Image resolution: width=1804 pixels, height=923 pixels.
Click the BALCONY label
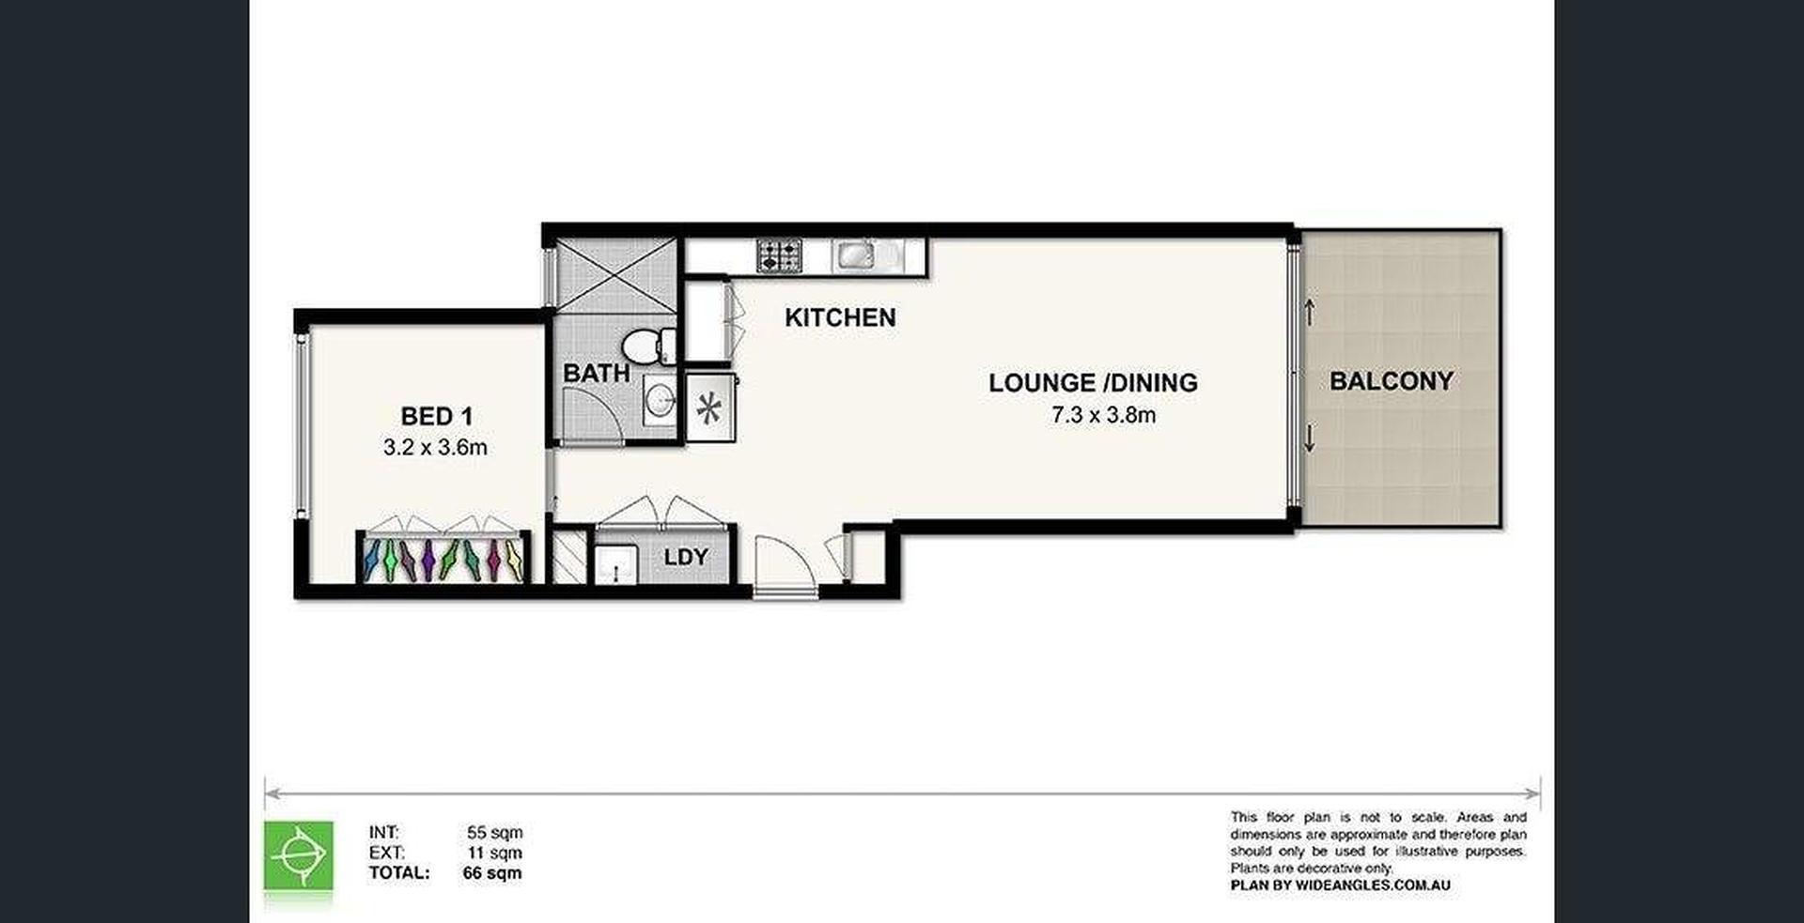click(1392, 381)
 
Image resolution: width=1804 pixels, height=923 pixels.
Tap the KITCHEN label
click(840, 317)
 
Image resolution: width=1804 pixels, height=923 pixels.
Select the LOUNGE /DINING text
click(1093, 383)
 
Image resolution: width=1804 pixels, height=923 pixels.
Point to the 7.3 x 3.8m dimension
click(1104, 415)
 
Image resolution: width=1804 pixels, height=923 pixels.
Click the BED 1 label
click(436, 416)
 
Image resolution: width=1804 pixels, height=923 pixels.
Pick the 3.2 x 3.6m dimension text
click(435, 448)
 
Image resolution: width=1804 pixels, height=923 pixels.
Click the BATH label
click(597, 373)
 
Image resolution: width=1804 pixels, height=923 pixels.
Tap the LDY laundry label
click(685, 558)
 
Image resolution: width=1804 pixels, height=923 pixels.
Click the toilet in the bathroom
click(648, 345)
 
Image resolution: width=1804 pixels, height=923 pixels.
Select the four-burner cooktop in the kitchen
click(780, 255)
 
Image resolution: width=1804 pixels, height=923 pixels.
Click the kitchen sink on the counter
click(858, 254)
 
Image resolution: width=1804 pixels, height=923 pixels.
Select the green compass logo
click(299, 855)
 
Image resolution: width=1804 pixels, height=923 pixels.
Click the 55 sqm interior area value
click(495, 833)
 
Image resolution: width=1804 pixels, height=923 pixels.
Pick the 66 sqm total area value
click(492, 873)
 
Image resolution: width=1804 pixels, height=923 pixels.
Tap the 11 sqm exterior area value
click(495, 854)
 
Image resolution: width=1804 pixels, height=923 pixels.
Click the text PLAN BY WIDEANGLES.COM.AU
click(1341, 885)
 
